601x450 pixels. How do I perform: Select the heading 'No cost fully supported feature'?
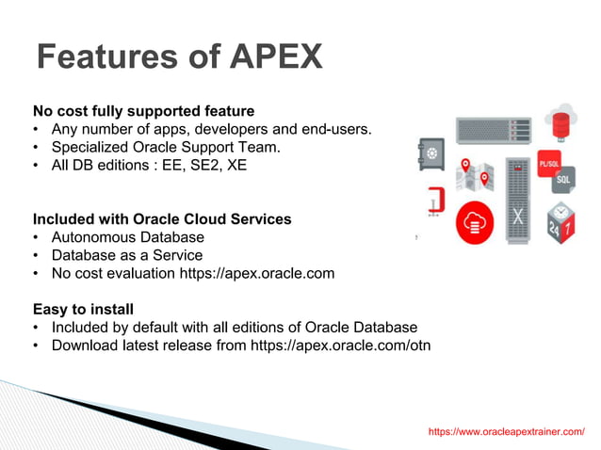coord(143,110)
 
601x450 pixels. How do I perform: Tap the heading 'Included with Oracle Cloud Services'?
coord(162,218)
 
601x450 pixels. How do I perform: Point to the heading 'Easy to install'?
coord(83,309)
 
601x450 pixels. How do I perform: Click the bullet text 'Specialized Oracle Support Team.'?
coord(166,147)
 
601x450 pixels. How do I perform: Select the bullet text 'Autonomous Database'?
coord(127,236)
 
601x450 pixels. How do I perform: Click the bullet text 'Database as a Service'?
coord(127,255)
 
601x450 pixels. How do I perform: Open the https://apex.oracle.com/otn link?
coord(340,345)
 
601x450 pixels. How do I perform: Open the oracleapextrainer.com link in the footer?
coord(506,431)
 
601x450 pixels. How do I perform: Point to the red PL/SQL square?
coord(549,163)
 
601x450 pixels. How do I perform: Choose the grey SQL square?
coord(563,179)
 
